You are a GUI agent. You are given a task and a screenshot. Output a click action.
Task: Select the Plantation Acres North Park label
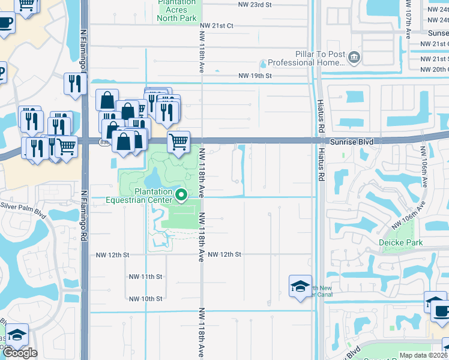point(176,10)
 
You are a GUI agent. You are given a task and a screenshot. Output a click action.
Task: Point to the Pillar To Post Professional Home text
point(306,58)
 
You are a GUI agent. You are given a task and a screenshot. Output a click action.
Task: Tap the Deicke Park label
point(400,242)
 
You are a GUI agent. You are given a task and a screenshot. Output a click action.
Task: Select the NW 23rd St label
point(255,4)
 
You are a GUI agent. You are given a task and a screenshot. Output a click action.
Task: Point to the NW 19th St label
point(255,76)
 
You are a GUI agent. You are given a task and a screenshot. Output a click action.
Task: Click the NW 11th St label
point(146,277)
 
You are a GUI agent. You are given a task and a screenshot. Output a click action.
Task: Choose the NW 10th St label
point(146,299)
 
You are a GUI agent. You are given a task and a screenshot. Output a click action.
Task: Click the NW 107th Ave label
point(408,18)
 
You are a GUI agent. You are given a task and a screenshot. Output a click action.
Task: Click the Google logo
point(20,353)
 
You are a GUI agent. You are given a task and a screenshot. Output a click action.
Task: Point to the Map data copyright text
point(424,355)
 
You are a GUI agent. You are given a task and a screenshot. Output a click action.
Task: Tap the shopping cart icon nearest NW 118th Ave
point(178,142)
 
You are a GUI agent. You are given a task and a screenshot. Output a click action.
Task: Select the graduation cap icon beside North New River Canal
point(300,286)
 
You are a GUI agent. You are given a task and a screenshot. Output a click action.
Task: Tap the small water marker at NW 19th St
point(263,65)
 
